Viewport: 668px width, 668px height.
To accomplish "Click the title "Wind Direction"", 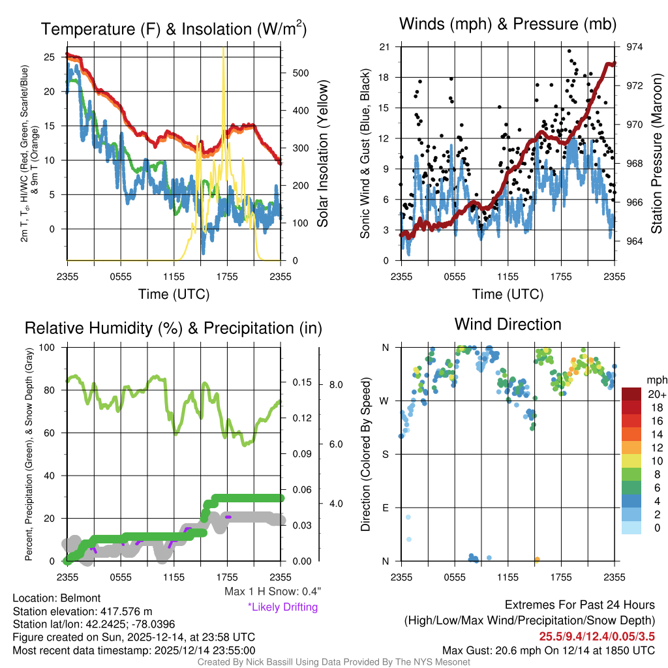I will (508, 324).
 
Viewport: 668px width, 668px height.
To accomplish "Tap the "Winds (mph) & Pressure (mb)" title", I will (508, 25).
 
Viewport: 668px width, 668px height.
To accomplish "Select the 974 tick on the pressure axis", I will (635, 47).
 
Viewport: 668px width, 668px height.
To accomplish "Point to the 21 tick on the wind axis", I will (384, 47).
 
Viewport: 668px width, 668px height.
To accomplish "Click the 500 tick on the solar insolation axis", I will (301, 73).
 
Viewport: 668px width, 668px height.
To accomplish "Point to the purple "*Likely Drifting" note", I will (282, 607).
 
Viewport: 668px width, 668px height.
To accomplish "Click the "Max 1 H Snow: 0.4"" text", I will (273, 592).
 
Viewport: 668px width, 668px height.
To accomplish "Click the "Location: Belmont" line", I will (57, 598).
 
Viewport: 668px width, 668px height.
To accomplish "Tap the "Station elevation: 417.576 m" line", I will (82, 611).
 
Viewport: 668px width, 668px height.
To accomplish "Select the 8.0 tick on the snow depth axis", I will (335, 385).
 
